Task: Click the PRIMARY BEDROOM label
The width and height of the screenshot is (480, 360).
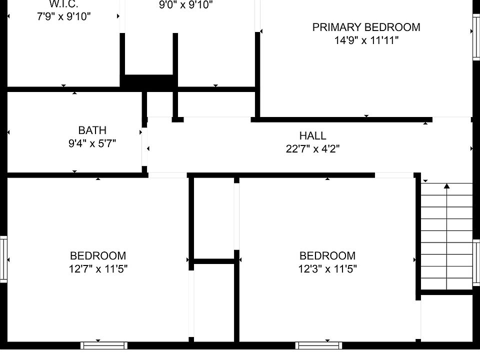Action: pos(366,27)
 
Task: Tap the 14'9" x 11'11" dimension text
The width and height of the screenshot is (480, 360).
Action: pos(366,40)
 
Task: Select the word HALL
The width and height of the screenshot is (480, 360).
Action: pos(312,135)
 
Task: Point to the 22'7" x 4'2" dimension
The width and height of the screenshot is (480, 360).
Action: pos(312,149)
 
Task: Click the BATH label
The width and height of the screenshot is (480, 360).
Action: pos(92,130)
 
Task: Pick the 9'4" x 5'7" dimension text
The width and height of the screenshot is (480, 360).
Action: pos(92,143)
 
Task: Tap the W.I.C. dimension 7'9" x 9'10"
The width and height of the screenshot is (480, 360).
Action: pos(63,16)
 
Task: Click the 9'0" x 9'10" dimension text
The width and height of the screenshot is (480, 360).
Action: pos(186,5)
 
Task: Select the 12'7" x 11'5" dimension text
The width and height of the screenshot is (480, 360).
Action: pos(98,269)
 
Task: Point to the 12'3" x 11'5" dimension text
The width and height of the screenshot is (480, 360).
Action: pos(327,269)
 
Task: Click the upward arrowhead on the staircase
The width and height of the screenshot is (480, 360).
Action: pos(447,186)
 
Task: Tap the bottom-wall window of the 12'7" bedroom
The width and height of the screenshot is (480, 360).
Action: pos(104,345)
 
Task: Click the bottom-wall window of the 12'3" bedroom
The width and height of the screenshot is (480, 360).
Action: pos(318,345)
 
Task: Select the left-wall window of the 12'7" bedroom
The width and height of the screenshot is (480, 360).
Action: pos(3,259)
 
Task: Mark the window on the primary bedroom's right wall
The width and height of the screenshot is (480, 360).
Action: pos(476,37)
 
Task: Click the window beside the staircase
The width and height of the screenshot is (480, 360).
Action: pos(476,262)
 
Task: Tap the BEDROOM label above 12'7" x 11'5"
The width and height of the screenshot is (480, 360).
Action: pos(98,255)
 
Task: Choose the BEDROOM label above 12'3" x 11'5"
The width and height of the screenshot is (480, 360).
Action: pos(327,255)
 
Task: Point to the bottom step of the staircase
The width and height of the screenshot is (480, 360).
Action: pos(447,284)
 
